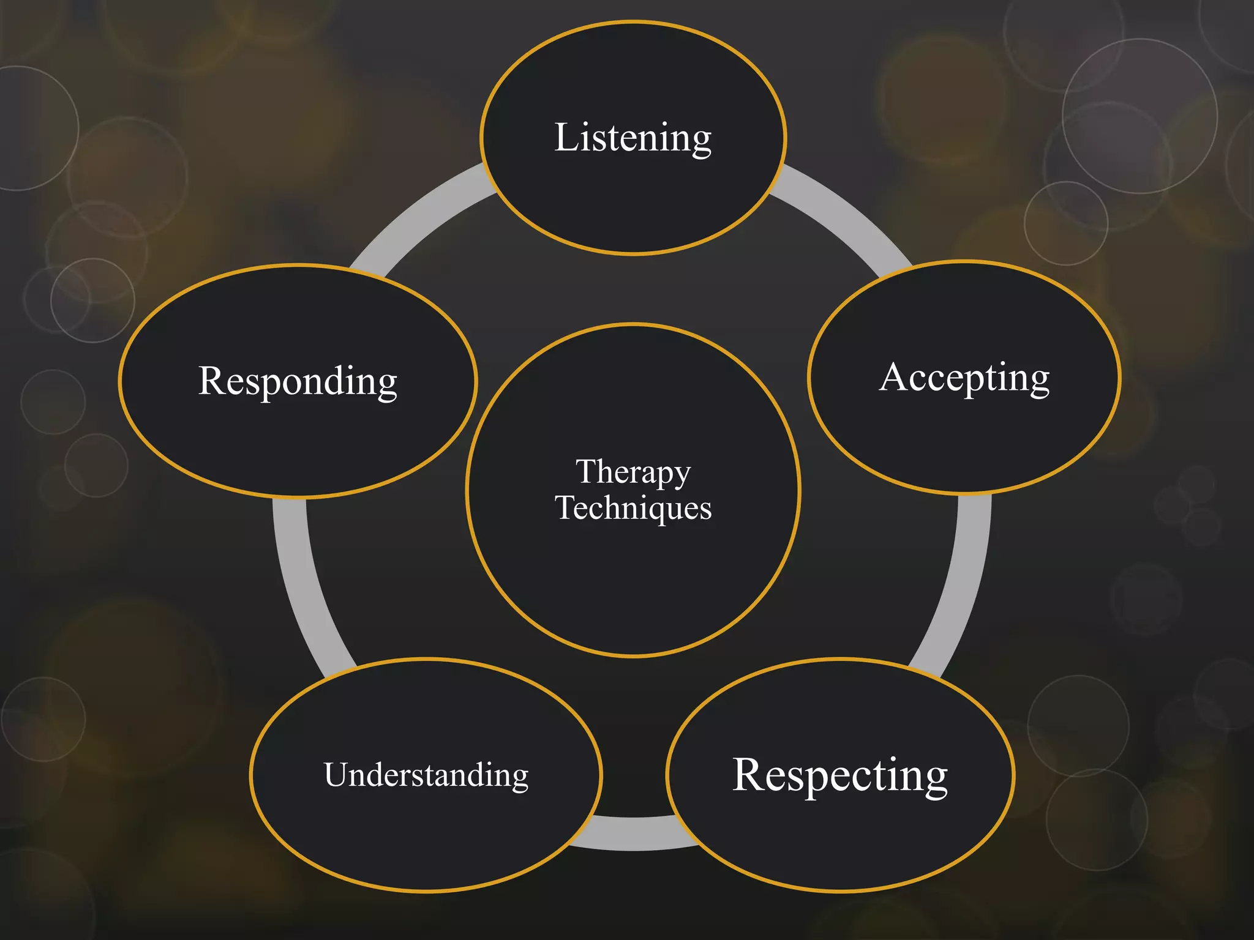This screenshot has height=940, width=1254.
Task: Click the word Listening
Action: coord(633,138)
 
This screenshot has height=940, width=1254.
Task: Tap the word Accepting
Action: coord(964,378)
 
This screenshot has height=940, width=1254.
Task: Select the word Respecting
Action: coord(840,775)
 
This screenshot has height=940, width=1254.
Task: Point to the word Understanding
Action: coord(426,775)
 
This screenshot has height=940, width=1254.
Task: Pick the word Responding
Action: coord(298,381)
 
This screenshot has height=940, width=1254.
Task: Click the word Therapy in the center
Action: coord(633,472)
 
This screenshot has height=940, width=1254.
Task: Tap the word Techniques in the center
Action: coord(633,508)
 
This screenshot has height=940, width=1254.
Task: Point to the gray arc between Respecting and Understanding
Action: coord(634,834)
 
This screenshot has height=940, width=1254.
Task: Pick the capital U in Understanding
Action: coord(336,774)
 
